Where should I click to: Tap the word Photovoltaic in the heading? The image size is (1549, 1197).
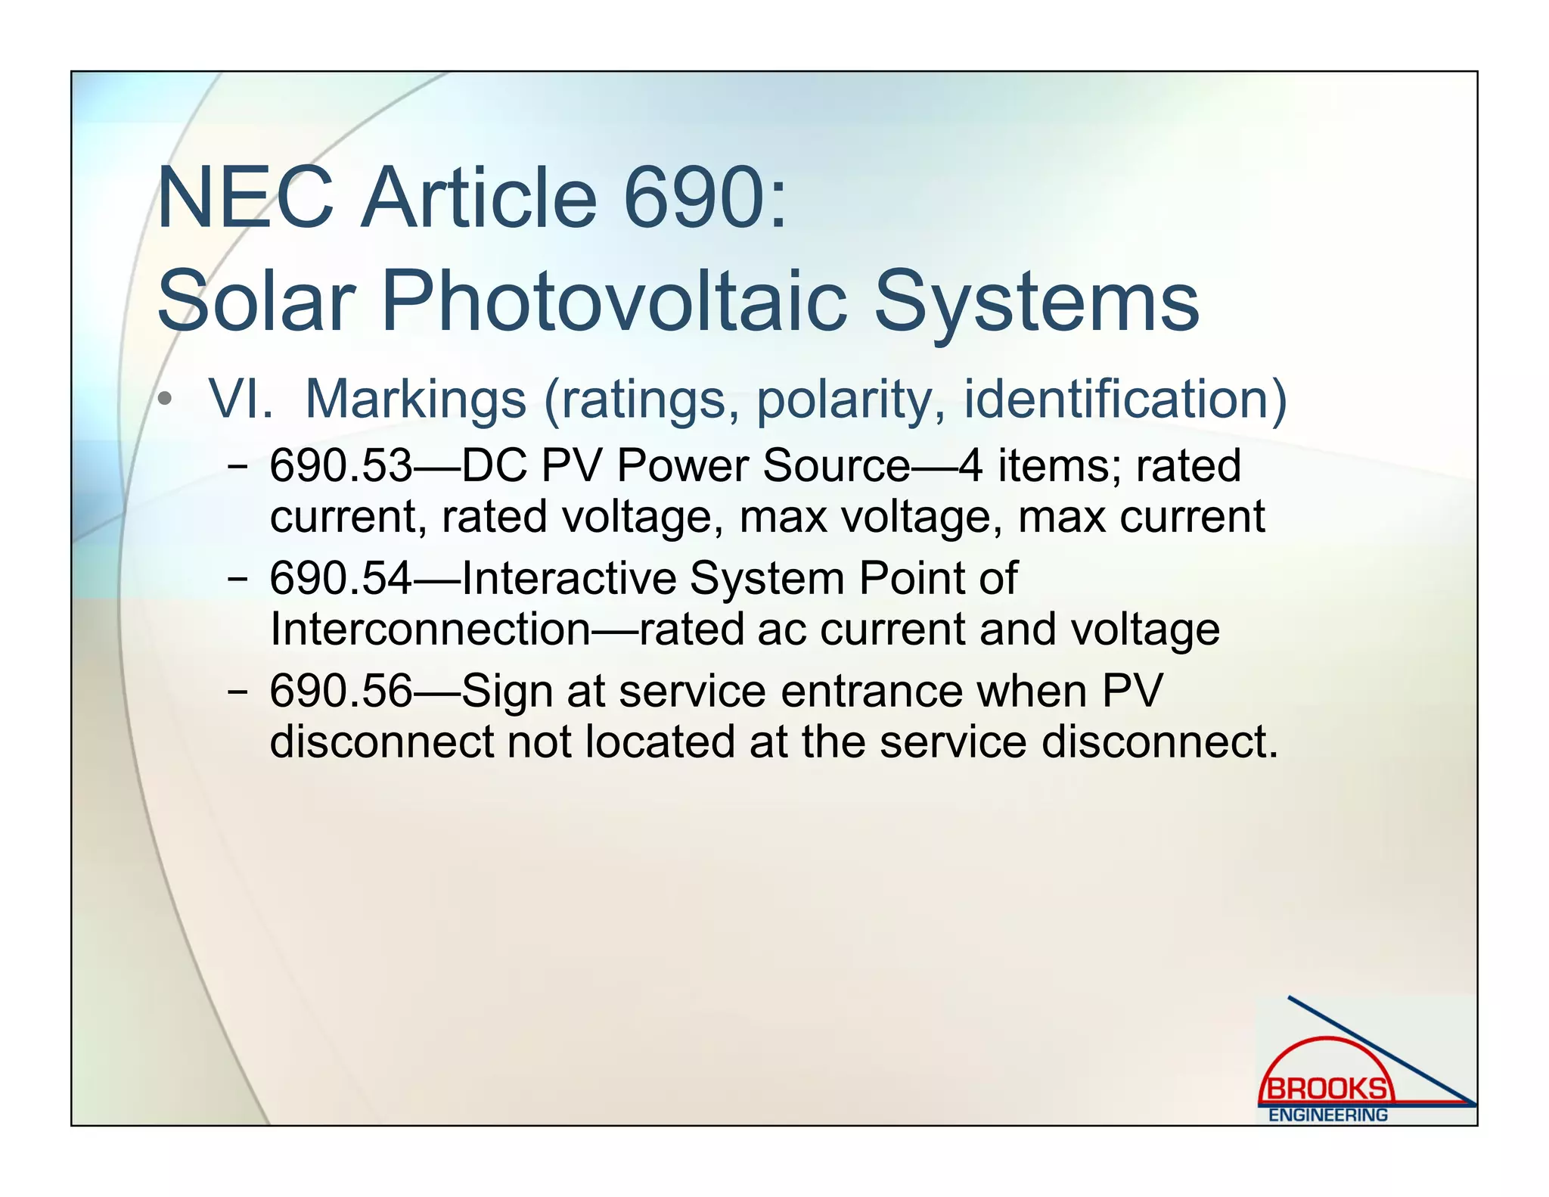tap(613, 301)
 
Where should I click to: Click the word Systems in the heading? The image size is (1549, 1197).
tap(1036, 301)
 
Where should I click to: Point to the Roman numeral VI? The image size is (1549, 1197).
tap(241, 399)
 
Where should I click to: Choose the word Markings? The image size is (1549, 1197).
tap(415, 399)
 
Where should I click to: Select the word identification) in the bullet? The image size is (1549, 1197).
tap(1125, 399)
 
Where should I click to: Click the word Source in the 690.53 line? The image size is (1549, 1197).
tap(836, 465)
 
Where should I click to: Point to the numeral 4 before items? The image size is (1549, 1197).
tap(970, 465)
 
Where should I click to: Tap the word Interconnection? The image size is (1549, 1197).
tap(430, 629)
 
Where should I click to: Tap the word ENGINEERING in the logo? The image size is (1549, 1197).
tap(1328, 1115)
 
